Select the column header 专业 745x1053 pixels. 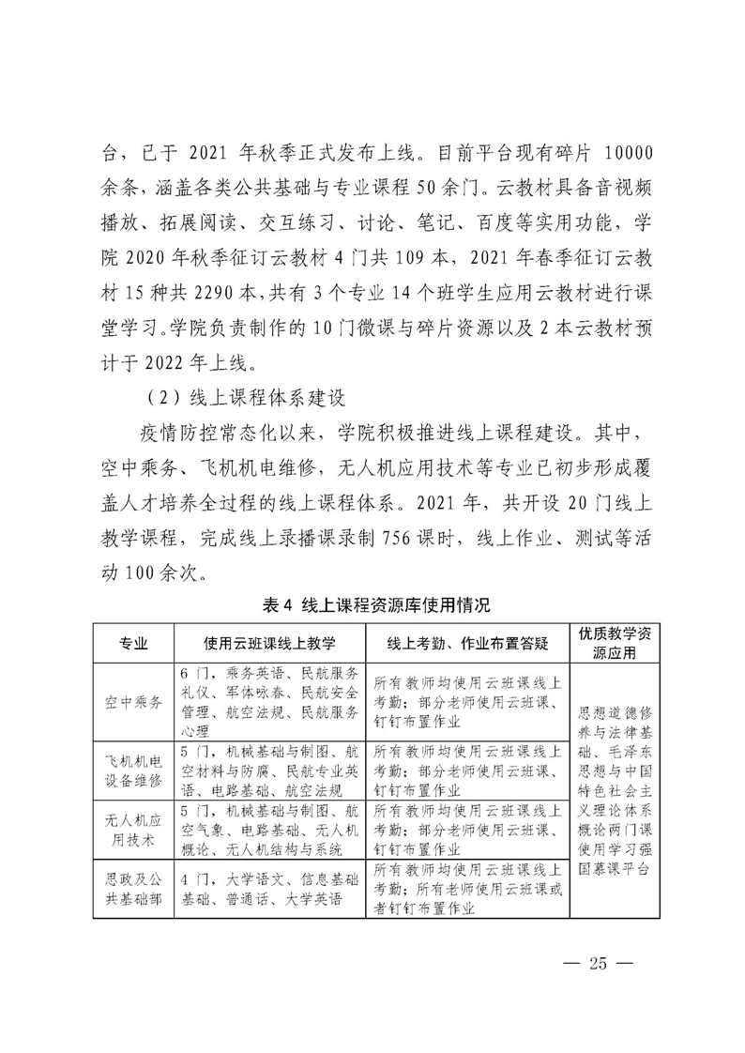[x=132, y=643]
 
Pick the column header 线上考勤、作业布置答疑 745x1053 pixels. [x=467, y=643]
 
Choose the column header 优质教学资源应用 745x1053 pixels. [x=616, y=643]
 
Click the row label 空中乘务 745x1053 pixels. [x=132, y=702]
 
